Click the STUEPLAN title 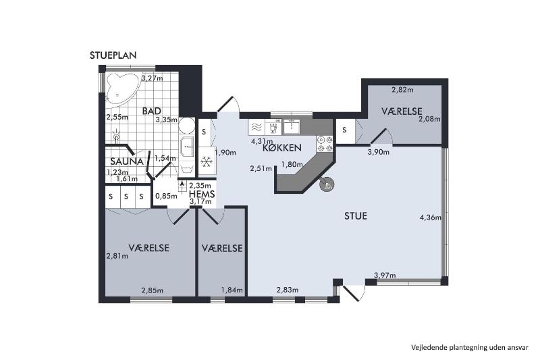click(x=113, y=55)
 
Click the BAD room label click(x=151, y=111)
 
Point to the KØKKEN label click(x=281, y=148)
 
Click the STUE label click(x=356, y=216)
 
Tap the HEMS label click(x=202, y=194)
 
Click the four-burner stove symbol click(x=325, y=144)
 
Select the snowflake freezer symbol click(x=207, y=161)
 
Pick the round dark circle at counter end click(x=327, y=185)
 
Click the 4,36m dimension click(x=431, y=217)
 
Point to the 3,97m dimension click(x=385, y=276)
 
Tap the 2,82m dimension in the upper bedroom click(x=402, y=91)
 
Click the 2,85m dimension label click(x=153, y=290)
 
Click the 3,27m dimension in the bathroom click(x=153, y=78)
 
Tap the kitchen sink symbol click(x=292, y=127)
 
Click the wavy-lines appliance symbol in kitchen click(x=256, y=127)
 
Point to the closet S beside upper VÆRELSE click(x=344, y=130)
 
